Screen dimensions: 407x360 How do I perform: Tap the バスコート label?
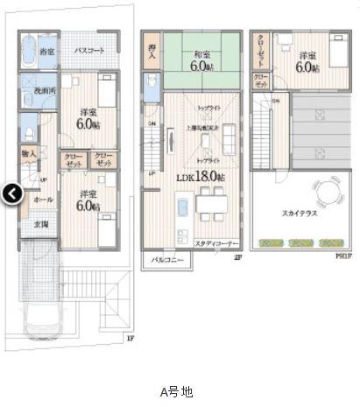[90, 51]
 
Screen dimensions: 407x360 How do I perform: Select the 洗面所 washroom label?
[45, 90]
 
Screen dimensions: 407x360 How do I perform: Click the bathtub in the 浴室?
[26, 46]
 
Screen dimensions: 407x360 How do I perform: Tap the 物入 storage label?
[29, 155]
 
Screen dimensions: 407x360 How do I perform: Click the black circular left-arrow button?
[11, 194]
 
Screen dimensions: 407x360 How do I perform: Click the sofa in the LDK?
[227, 137]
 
